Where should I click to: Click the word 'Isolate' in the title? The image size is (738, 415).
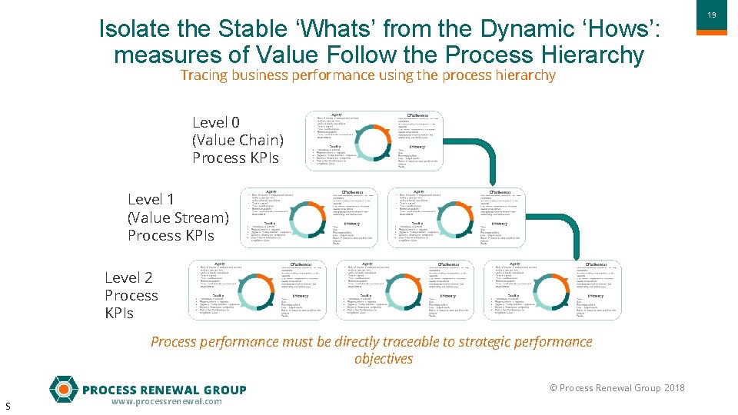coord(137,29)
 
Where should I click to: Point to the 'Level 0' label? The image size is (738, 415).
coord(215,123)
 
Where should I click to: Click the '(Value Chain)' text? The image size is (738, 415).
coord(238,141)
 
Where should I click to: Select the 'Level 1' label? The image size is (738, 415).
coord(151,200)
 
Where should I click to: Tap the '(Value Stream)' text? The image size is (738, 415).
coord(178,217)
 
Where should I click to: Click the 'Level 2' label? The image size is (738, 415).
coord(128,278)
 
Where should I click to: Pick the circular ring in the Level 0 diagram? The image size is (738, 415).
coord(374,141)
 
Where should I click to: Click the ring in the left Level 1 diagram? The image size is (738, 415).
coord(310,217)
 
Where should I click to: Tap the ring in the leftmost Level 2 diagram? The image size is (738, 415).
coord(258,290)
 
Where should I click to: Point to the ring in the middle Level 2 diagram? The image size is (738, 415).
coord(405,290)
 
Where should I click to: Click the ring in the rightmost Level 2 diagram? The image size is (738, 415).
coord(553,290)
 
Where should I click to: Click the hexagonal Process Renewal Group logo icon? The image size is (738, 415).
coord(63,389)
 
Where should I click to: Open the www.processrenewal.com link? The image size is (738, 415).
coord(166,402)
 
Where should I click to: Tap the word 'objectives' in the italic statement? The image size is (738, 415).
coord(384,359)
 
